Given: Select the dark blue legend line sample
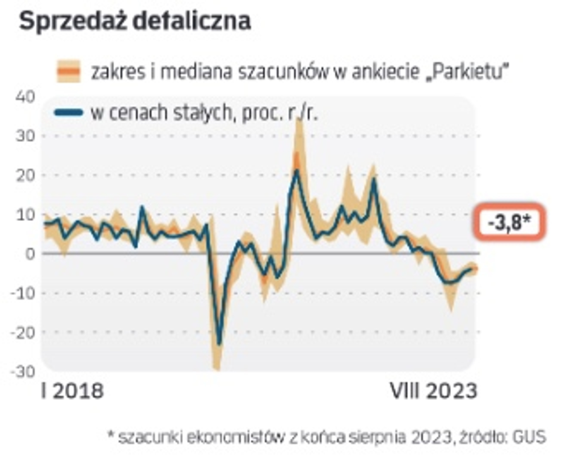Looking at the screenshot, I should click(68, 113).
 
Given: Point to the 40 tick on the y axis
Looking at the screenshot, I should click(25, 96).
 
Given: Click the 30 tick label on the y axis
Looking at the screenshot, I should click(25, 136).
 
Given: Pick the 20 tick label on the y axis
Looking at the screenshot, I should click(25, 175).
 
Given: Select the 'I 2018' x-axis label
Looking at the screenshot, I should click(72, 391).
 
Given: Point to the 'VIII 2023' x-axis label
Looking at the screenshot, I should click(433, 391).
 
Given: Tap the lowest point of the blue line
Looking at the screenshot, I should click(219, 344).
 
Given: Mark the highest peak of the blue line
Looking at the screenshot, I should click(297, 171).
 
